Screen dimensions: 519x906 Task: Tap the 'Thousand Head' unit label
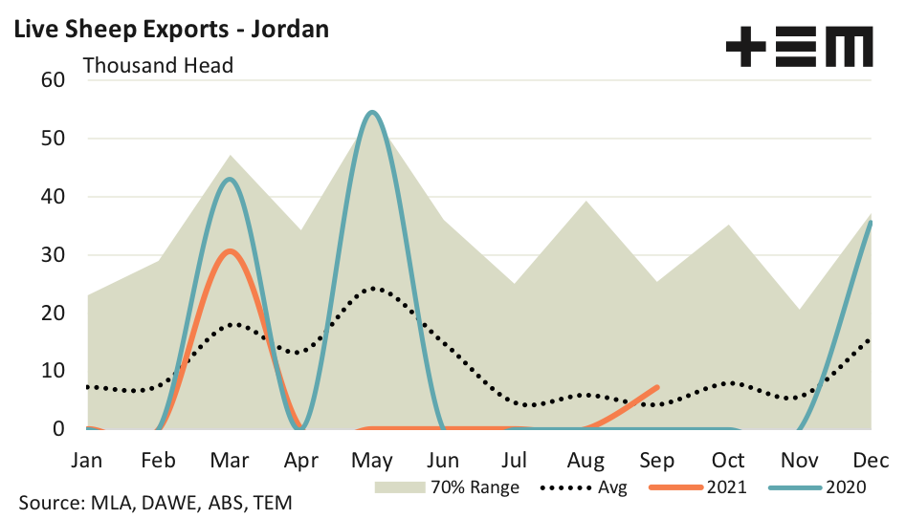click(x=159, y=66)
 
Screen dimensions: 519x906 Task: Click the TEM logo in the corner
click(x=799, y=47)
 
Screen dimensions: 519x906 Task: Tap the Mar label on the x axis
click(x=230, y=460)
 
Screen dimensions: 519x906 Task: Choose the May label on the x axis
click(x=372, y=460)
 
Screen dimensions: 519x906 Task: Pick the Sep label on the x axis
click(x=657, y=460)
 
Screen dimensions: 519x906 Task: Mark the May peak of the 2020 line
click(x=372, y=113)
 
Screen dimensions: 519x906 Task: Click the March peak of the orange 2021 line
click(x=230, y=251)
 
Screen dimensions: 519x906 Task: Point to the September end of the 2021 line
click(x=657, y=387)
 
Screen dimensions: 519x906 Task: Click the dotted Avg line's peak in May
click(x=372, y=288)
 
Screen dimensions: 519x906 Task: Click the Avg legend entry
click(x=585, y=487)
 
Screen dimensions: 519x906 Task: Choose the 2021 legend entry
click(x=698, y=487)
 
